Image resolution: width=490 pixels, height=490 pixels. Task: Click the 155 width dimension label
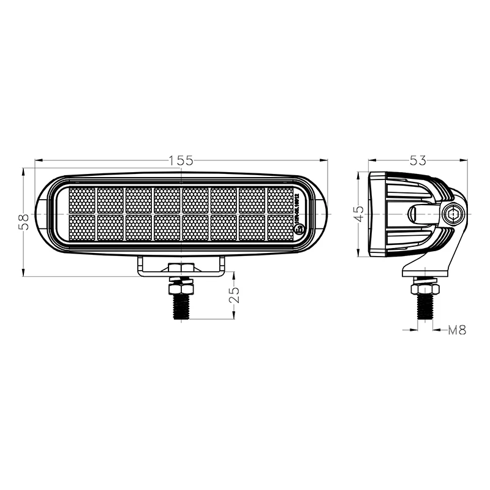(181, 160)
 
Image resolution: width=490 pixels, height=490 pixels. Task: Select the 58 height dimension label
(23, 222)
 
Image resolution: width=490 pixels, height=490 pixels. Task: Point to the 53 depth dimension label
(417, 160)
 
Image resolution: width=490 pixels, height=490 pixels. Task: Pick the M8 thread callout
(457, 330)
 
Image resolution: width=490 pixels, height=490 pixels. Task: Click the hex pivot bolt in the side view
(454, 214)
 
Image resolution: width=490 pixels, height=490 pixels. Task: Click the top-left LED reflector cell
(82, 200)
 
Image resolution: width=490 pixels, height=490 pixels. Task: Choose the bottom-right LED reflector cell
(281, 227)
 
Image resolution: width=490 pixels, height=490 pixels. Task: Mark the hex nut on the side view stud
(424, 287)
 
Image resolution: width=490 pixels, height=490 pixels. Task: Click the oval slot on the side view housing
(423, 214)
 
